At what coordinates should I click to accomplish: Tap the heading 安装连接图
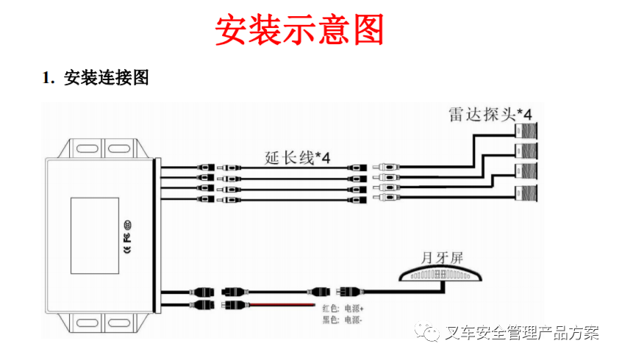pos(107,78)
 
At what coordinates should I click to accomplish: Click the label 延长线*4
pos(297,157)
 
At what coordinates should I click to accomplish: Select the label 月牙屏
pos(441,259)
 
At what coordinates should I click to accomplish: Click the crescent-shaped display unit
pos(440,275)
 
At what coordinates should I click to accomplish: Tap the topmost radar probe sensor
pos(526,132)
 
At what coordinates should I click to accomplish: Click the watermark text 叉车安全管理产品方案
pos(522,334)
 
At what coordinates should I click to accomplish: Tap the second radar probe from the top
pos(526,152)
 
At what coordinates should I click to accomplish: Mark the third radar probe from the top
pos(526,173)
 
